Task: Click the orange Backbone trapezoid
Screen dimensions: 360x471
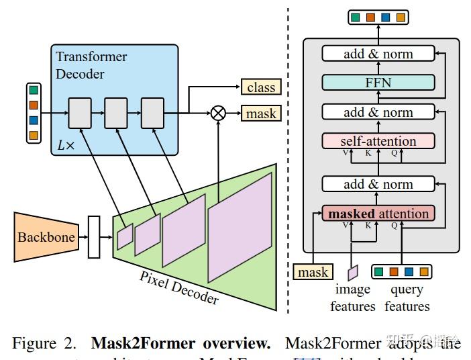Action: pos(45,237)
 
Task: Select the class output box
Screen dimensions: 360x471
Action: pos(261,87)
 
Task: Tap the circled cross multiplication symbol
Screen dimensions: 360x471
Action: pos(218,113)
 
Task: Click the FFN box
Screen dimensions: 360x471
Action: pos(378,83)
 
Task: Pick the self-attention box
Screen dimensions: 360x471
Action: pos(378,141)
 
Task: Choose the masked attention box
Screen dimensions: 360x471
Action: pos(378,214)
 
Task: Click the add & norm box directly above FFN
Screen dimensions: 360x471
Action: pos(378,54)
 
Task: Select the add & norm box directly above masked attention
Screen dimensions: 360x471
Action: pos(378,184)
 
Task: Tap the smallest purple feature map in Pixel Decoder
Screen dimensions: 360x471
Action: pos(125,236)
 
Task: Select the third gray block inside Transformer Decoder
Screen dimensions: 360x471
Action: pos(152,112)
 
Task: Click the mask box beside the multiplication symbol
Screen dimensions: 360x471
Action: pos(261,114)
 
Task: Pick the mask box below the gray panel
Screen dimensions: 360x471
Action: pos(313,271)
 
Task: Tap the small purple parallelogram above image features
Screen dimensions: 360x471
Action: pos(353,272)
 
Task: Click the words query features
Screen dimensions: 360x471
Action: pos(407,298)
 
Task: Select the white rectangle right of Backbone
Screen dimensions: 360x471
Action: pos(94,237)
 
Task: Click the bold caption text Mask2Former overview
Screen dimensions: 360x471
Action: pos(180,343)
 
